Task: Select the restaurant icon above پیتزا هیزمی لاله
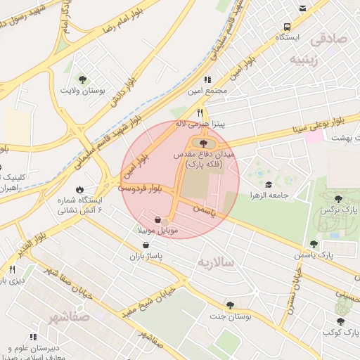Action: (200, 112)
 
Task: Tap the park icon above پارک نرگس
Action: (340, 199)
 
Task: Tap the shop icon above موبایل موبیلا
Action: (157, 219)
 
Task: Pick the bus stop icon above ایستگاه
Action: (302, 8)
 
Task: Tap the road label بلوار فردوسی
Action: (140, 188)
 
